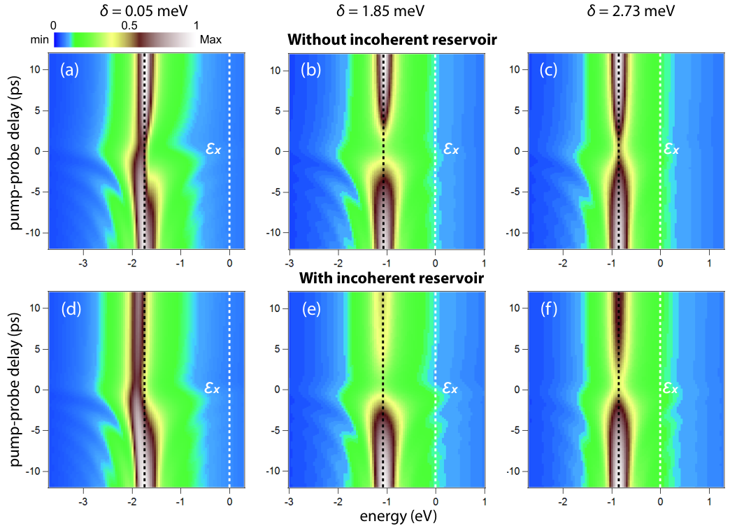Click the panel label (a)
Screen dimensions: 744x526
(x=69, y=70)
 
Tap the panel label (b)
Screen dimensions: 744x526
(x=310, y=70)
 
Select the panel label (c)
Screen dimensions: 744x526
(x=548, y=70)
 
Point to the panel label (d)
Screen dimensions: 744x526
(x=71, y=309)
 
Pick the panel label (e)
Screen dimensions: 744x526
(x=311, y=309)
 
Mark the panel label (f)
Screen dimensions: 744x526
(x=549, y=309)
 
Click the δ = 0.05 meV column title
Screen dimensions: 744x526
(x=144, y=10)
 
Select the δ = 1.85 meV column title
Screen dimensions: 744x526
(x=380, y=10)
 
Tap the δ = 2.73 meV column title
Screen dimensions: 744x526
(x=631, y=10)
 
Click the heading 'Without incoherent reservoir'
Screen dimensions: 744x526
(x=392, y=39)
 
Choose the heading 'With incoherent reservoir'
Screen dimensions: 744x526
(x=392, y=278)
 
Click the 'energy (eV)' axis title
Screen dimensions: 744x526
(x=398, y=516)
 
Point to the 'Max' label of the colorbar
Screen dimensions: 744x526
(x=210, y=39)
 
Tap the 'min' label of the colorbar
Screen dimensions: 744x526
(x=39, y=39)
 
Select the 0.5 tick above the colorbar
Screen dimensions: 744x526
(x=129, y=25)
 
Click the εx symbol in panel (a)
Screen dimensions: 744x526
(x=213, y=148)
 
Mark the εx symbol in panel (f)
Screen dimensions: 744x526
(x=670, y=388)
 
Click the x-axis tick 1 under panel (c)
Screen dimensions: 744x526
(x=709, y=263)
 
